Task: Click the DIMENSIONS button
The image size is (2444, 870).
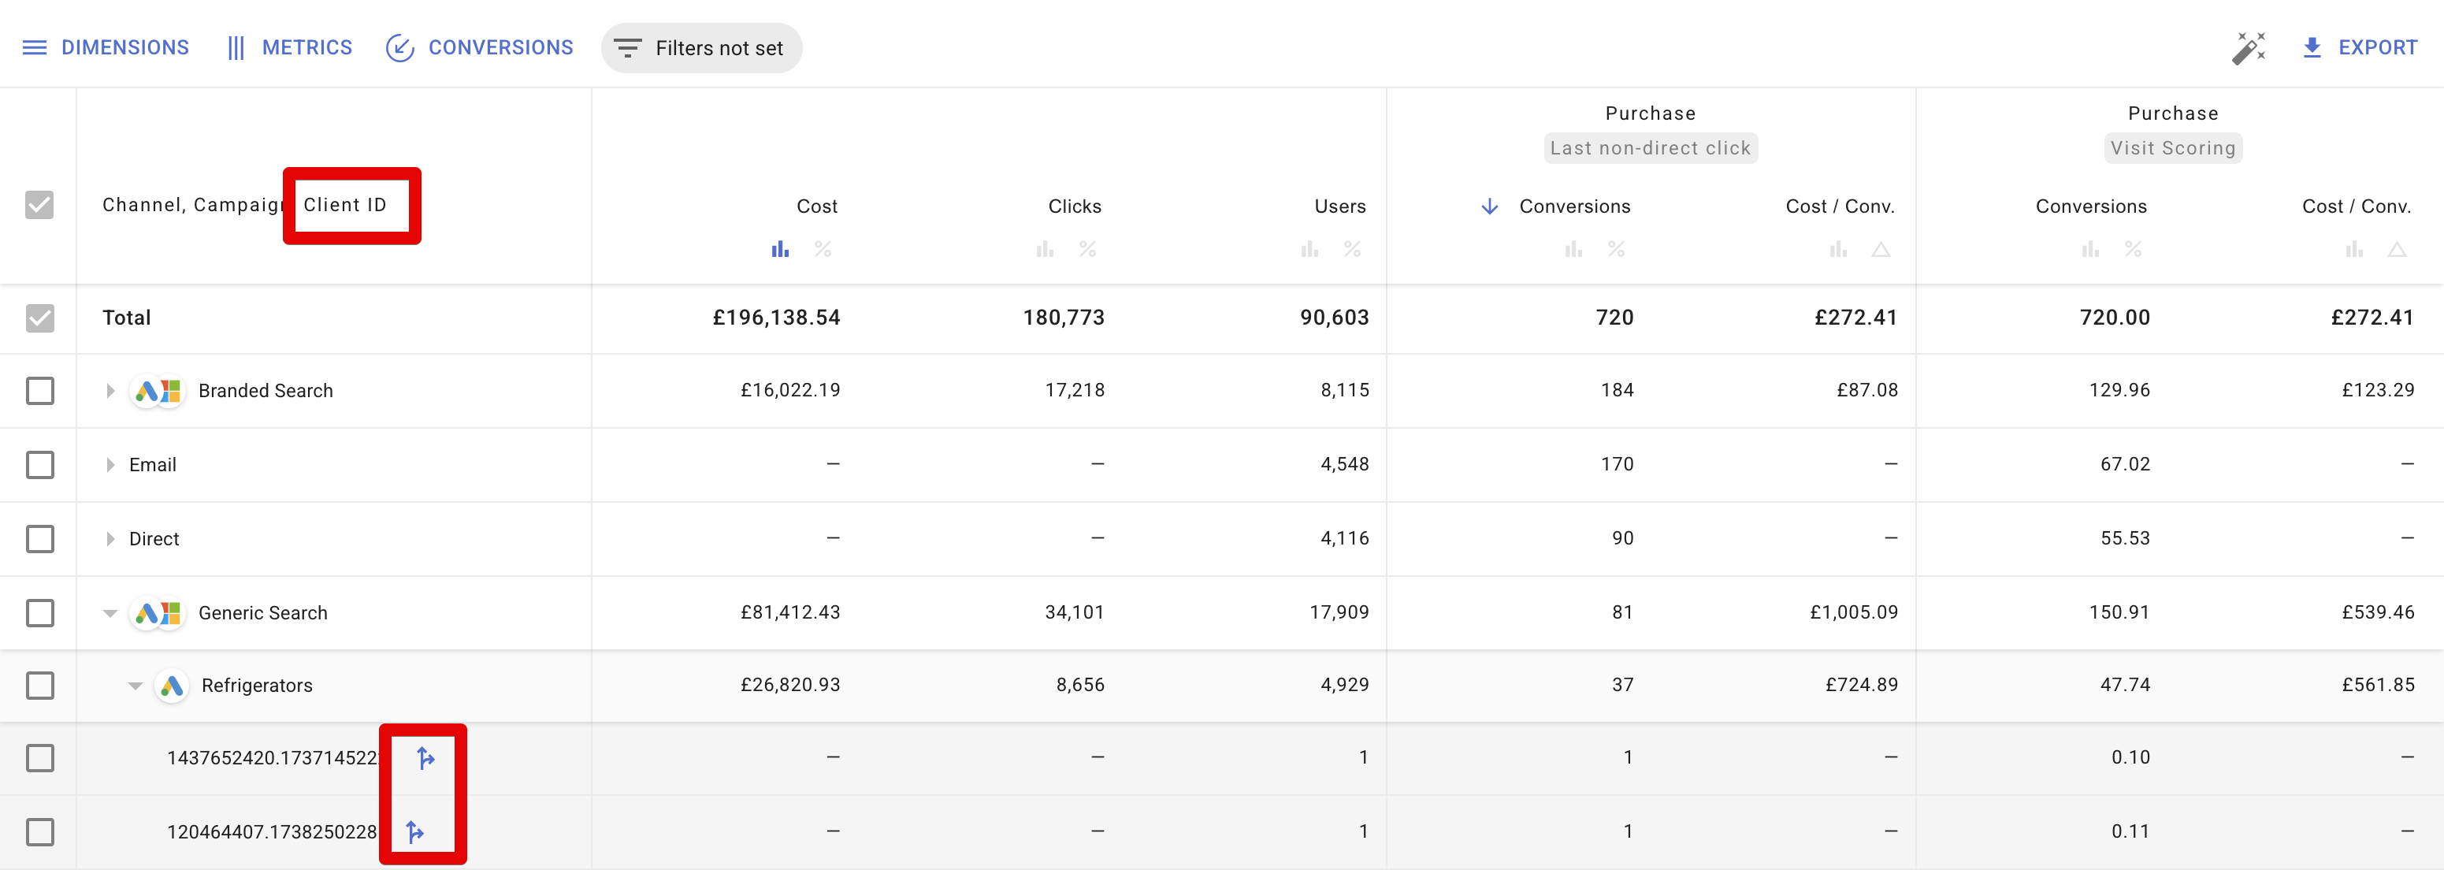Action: click(x=106, y=47)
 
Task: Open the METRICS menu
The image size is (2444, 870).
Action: click(x=289, y=47)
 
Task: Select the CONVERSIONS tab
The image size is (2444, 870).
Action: click(x=480, y=47)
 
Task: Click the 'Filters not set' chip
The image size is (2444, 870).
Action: click(x=701, y=48)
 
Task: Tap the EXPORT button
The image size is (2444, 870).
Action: click(x=2360, y=47)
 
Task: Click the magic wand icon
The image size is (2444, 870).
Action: click(x=2248, y=48)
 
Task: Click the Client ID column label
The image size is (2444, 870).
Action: click(x=345, y=205)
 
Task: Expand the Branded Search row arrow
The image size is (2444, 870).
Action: click(x=110, y=391)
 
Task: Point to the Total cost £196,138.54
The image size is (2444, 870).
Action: click(x=776, y=318)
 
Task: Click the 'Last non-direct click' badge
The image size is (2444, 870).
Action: click(x=1650, y=148)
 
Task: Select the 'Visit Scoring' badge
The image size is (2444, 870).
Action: click(x=2173, y=148)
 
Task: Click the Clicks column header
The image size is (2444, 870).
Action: click(x=1074, y=206)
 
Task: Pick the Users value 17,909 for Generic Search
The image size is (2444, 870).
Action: click(x=1339, y=613)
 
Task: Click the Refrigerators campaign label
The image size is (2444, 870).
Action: click(x=257, y=686)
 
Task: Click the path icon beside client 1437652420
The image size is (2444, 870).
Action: click(x=426, y=758)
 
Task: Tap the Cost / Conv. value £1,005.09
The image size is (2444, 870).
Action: click(x=1853, y=613)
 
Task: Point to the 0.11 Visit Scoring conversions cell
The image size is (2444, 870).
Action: click(x=2130, y=832)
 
